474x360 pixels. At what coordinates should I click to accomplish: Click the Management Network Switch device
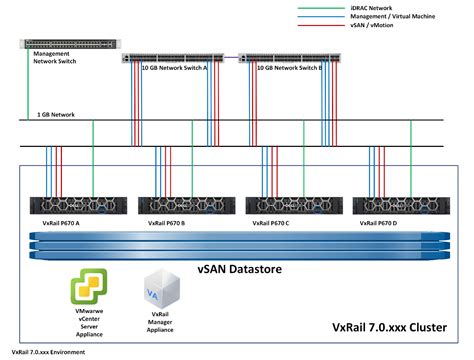(x=70, y=44)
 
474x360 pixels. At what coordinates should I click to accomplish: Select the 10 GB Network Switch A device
(x=173, y=58)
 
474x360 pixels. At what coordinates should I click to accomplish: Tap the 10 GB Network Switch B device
(x=289, y=58)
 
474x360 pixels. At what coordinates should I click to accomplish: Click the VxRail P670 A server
(x=78, y=205)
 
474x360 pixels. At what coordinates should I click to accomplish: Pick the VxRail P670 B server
(x=187, y=205)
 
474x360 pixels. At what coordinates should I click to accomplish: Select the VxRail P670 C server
(x=294, y=205)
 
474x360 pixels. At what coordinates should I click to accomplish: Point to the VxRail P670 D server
(x=401, y=205)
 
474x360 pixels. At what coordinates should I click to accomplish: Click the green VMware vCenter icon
(x=89, y=287)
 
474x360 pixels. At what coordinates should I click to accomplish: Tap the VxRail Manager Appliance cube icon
(x=162, y=289)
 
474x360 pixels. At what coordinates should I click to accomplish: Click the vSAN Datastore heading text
(x=240, y=269)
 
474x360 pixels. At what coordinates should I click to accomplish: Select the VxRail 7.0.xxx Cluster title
(x=389, y=327)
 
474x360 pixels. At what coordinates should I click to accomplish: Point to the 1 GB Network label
(x=56, y=115)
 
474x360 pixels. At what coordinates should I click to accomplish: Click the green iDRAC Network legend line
(x=321, y=8)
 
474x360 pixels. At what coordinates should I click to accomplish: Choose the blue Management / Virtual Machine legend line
(x=321, y=17)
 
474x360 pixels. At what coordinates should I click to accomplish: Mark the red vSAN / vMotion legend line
(x=321, y=25)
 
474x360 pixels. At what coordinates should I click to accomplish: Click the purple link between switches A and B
(x=231, y=57)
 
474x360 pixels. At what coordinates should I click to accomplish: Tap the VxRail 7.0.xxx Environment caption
(x=48, y=352)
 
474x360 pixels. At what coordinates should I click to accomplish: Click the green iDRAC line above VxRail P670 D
(x=411, y=158)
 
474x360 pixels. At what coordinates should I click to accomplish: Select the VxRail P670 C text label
(x=271, y=223)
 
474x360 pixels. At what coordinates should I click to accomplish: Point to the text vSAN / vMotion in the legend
(x=372, y=25)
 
